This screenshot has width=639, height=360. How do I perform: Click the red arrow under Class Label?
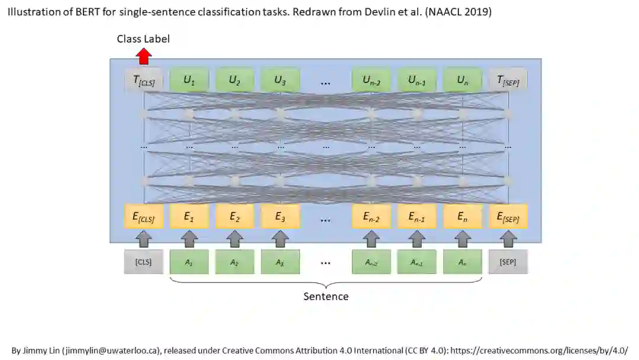(x=144, y=57)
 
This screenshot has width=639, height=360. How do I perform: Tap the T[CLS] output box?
(x=144, y=81)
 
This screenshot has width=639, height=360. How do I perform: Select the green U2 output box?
(x=235, y=81)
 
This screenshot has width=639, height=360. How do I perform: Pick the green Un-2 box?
(x=372, y=81)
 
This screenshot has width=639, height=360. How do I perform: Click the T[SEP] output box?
(x=508, y=81)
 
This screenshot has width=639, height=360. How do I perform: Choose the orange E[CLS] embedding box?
(x=144, y=217)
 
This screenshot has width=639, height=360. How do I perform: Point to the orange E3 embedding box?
(x=280, y=217)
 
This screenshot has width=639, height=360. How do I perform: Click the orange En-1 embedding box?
(x=417, y=217)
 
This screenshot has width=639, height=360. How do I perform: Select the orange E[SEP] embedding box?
(x=508, y=217)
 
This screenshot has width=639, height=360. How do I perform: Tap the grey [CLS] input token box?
(x=144, y=262)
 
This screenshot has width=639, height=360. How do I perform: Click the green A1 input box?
(x=189, y=262)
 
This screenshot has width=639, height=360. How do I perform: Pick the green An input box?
(x=462, y=262)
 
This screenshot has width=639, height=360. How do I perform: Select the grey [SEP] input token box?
(x=508, y=262)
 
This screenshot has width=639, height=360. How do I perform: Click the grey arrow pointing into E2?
(x=235, y=239)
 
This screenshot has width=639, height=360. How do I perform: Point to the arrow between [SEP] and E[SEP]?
(x=508, y=239)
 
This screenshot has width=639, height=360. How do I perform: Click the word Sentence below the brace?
(x=326, y=296)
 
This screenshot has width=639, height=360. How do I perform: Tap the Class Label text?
(x=143, y=39)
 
